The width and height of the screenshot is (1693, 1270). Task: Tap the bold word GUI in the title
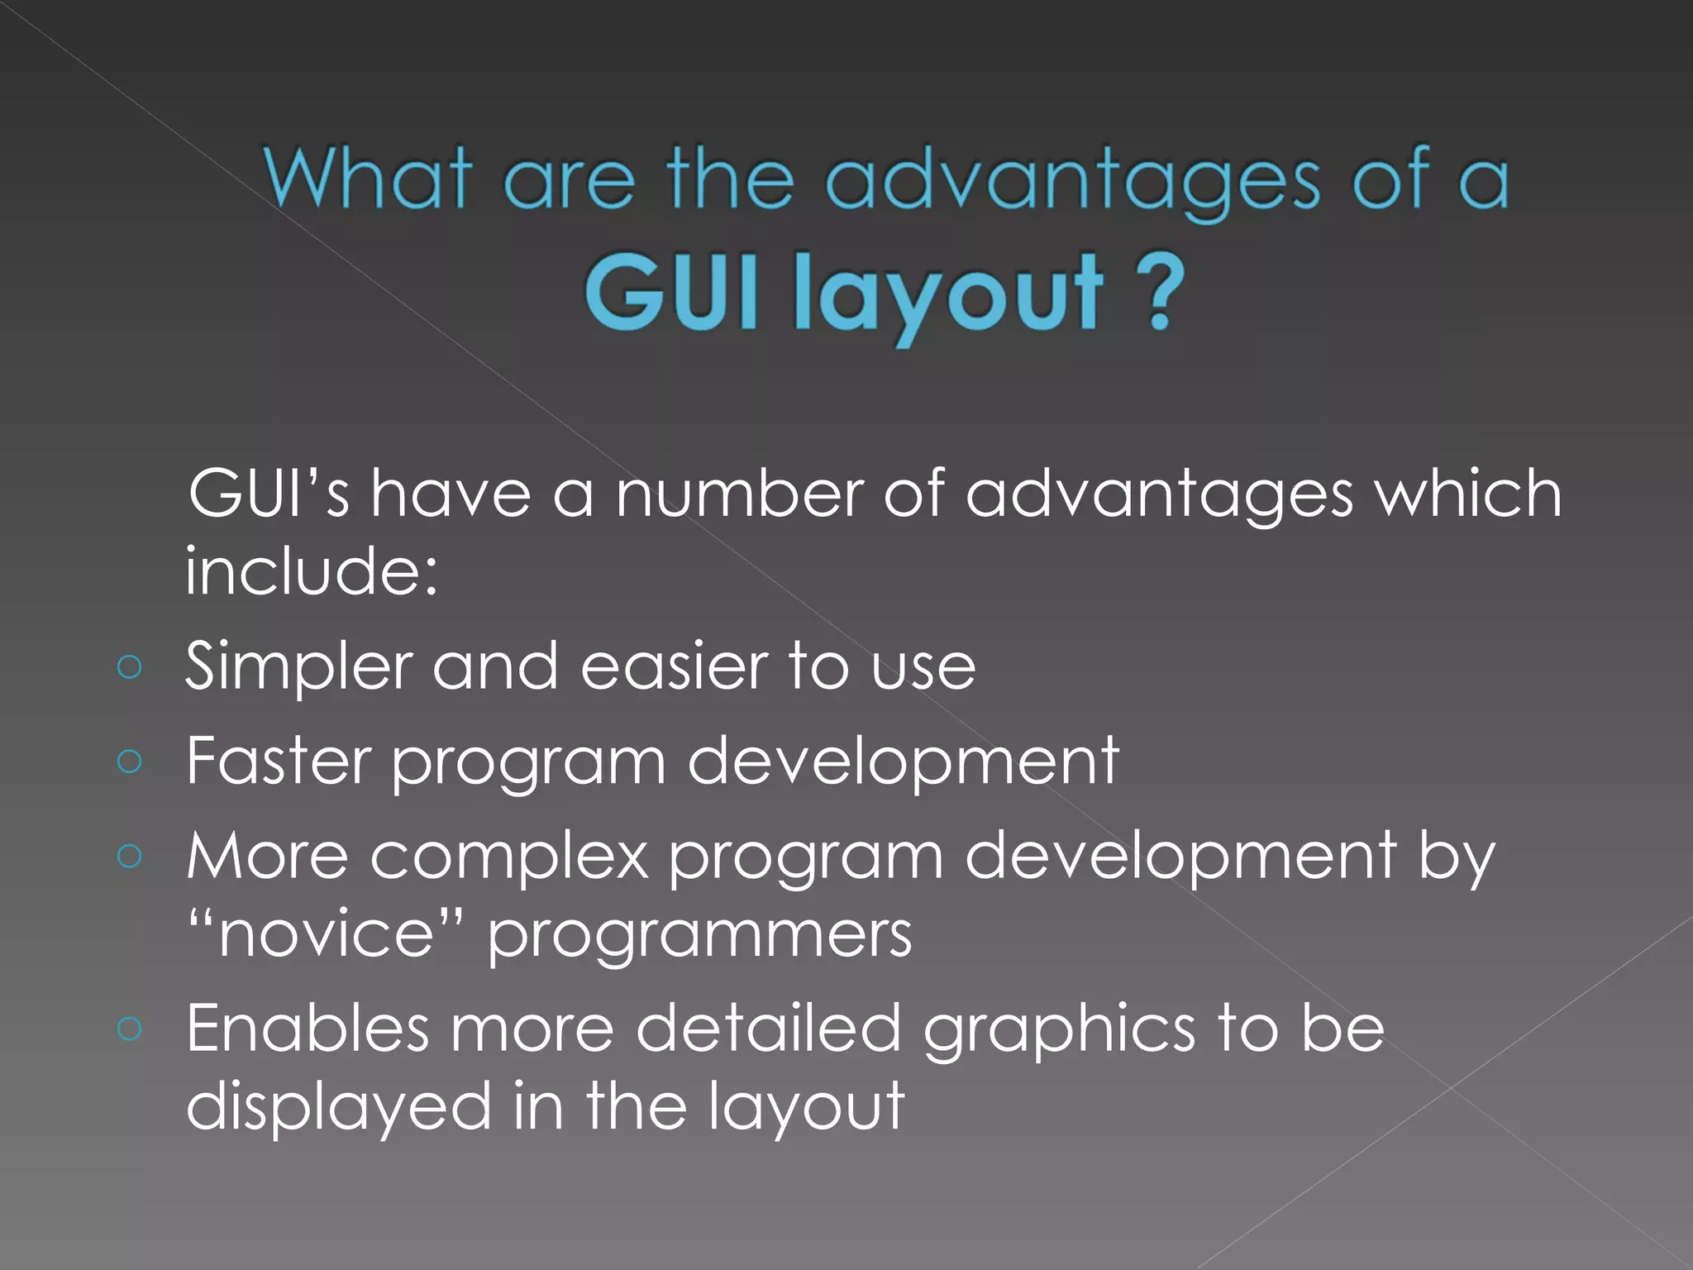pyautogui.click(x=670, y=292)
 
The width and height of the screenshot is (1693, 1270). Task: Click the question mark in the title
pyautogui.click(x=1160, y=292)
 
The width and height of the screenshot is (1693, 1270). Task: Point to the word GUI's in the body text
pyautogui.click(x=269, y=494)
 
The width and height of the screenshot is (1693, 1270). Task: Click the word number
pyautogui.click(x=739, y=494)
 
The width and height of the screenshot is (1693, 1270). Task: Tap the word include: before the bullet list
pyautogui.click(x=311, y=571)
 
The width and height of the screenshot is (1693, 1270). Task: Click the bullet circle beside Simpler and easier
pyautogui.click(x=130, y=666)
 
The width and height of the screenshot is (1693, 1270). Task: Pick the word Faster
pyautogui.click(x=279, y=761)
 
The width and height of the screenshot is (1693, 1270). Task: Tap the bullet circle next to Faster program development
pyautogui.click(x=130, y=761)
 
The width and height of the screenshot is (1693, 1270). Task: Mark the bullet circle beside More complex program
pyautogui.click(x=130, y=856)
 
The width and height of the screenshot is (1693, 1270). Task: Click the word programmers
pyautogui.click(x=699, y=938)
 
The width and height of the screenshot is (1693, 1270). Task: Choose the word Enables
pyautogui.click(x=308, y=1029)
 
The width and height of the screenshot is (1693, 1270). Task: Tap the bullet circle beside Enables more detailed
pyautogui.click(x=130, y=1029)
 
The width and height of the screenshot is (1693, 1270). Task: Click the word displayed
pyautogui.click(x=339, y=1108)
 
